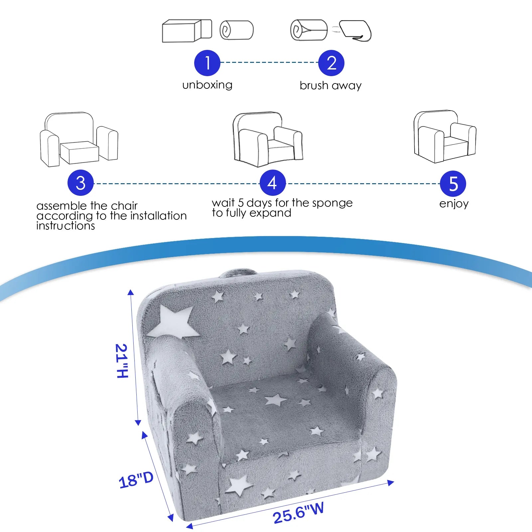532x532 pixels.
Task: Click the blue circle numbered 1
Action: pos(207,63)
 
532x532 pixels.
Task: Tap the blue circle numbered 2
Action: pos(331,63)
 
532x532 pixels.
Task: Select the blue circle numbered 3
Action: pos(80,183)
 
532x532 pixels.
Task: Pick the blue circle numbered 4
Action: pos(272,183)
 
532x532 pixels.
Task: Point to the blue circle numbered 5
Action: pos(453,184)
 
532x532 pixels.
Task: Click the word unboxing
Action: pos(207,85)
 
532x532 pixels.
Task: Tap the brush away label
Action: pos(330,85)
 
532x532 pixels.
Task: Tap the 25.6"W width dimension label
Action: pos(298,513)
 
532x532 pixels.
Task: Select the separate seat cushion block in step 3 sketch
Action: pos(79,152)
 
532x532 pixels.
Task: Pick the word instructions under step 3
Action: pos(66,226)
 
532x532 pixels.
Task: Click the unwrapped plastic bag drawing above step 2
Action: pos(356,31)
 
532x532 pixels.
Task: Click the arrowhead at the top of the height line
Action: pos(131,292)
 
